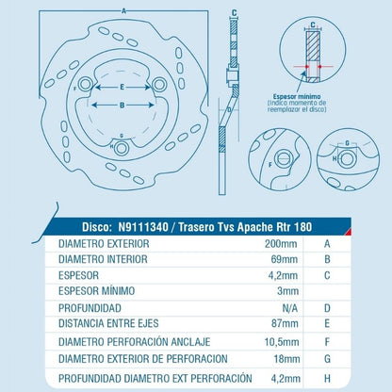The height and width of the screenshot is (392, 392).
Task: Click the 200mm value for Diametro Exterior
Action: [281, 243]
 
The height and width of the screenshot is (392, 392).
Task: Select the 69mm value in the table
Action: [285, 259]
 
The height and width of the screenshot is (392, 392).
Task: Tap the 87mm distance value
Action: [285, 323]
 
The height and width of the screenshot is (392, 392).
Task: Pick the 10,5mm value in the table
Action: [282, 342]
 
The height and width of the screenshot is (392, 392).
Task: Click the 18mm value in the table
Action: [286, 359]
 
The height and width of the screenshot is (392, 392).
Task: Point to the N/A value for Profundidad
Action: [290, 308]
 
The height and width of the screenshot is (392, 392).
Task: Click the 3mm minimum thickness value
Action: [287, 291]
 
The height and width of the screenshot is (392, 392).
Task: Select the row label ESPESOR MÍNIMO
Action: [97, 291]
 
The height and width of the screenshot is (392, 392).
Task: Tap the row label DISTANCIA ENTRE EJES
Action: [108, 323]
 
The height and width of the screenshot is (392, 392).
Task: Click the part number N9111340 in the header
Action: [143, 227]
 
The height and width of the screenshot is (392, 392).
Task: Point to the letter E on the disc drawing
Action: [122, 87]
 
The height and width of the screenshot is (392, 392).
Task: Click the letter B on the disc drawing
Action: [122, 106]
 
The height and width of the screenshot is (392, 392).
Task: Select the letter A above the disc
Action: [123, 11]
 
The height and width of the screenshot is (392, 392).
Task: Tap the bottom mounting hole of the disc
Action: [121, 148]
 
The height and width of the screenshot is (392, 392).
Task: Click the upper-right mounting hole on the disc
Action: [159, 85]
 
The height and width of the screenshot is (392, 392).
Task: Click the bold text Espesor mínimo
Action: [297, 96]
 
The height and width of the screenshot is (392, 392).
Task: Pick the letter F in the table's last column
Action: [327, 342]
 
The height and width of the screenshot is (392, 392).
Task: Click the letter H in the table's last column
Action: [327, 379]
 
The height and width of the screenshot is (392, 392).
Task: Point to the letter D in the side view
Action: [229, 110]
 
